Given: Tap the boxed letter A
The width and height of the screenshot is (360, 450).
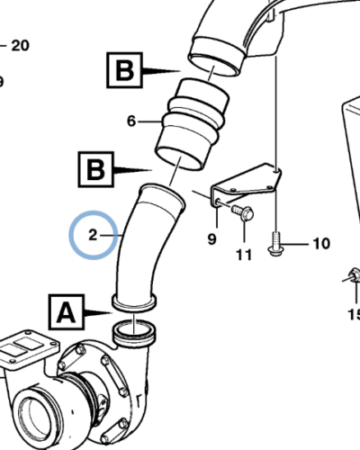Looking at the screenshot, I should click(65, 312).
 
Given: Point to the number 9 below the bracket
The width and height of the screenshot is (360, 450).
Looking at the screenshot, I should click(211, 238).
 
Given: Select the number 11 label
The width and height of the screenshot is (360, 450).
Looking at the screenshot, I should click(244, 255).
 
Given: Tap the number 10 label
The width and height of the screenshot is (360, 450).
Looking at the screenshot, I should click(321, 244).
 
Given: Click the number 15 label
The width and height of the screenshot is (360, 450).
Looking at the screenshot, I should click(353, 314).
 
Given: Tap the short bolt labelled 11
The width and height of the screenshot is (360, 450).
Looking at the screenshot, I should click(243, 213).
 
